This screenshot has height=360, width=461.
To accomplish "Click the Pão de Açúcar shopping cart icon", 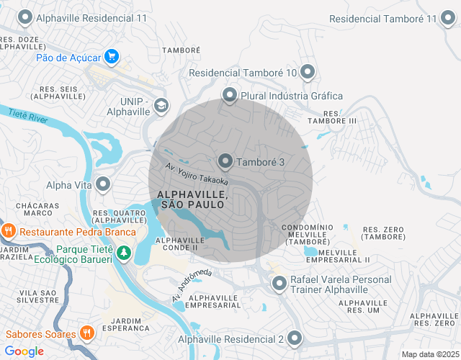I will click(x=111, y=56).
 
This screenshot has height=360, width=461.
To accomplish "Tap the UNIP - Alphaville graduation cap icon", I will click(x=161, y=106).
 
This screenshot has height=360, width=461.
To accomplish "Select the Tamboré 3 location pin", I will click(x=225, y=161).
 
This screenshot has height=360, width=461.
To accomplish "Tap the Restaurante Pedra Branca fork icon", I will click(x=9, y=231).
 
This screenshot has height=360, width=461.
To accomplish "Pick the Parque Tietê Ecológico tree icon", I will click(x=124, y=253).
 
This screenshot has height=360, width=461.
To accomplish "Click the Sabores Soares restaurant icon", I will click(x=87, y=333).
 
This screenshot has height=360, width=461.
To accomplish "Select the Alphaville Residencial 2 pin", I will click(x=295, y=338).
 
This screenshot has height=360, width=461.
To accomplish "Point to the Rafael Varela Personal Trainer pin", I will click(x=279, y=284).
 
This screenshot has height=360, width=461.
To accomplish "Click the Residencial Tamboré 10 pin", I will click(x=308, y=72).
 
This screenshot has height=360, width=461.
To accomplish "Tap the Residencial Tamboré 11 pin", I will click(x=448, y=19).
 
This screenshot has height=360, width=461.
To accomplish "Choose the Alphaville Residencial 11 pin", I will click(x=25, y=17).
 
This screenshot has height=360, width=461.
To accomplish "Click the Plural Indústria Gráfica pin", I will click(x=230, y=95).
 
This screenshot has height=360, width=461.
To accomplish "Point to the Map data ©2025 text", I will click(x=429, y=354).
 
